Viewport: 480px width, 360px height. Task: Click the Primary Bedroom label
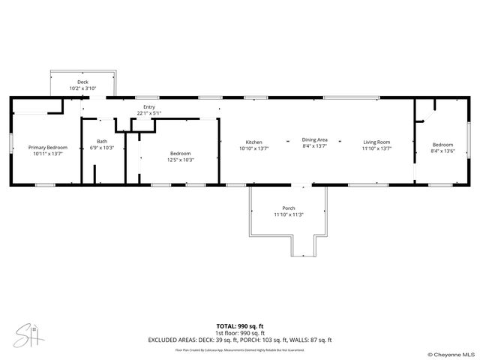coord(47,148)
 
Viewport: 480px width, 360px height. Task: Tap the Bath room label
coord(101,142)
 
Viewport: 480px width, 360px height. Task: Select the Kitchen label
coord(254,142)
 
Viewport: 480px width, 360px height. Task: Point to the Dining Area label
coord(315,139)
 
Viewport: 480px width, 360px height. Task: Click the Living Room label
coord(376,142)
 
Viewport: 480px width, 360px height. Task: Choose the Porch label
coord(289,208)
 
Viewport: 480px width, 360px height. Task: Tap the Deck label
coord(82,82)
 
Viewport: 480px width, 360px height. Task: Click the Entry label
coord(149,107)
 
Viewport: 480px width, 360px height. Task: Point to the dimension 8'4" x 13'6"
coord(442,151)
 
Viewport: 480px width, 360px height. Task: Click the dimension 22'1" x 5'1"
coord(149,113)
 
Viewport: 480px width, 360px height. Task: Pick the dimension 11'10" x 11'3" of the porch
coord(289,214)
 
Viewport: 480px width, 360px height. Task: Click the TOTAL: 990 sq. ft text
coord(240,326)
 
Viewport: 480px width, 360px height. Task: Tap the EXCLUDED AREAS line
coord(240,339)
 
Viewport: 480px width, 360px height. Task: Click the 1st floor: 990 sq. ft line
coord(240,332)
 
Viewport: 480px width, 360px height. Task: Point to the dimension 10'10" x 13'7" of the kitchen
coord(254,148)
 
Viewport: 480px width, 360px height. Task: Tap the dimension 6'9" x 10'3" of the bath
coord(101,148)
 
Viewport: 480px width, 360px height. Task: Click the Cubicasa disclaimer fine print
coord(240,349)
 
